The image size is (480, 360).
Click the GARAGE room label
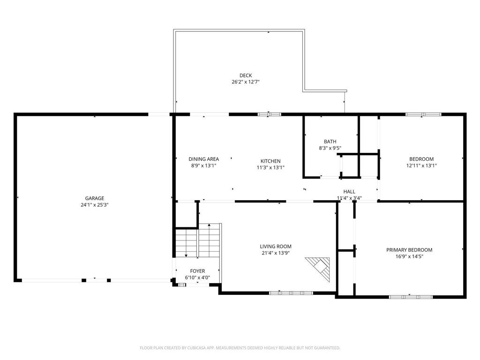pyautogui.click(x=94, y=198)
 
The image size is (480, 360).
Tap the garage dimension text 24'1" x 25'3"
pyautogui.click(x=94, y=205)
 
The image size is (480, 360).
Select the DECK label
pyautogui.click(x=246, y=75)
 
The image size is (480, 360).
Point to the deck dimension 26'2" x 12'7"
pyautogui.click(x=246, y=82)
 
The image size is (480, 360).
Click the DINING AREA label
pyautogui.click(x=203, y=159)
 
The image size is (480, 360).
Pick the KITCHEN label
pyautogui.click(x=270, y=161)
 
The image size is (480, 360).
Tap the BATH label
pyautogui.click(x=330, y=142)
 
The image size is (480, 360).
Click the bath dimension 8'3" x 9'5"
pyautogui.click(x=330, y=148)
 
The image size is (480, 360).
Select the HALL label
pyautogui.click(x=349, y=192)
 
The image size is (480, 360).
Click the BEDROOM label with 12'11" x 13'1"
pyautogui.click(x=421, y=159)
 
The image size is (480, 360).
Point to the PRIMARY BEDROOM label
pyautogui.click(x=409, y=250)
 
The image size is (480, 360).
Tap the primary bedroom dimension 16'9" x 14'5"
pyautogui.click(x=409, y=257)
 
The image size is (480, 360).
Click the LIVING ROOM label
pyautogui.click(x=276, y=247)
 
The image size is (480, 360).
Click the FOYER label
pyautogui.click(x=197, y=271)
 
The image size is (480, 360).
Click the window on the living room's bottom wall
pyautogui.click(x=291, y=293)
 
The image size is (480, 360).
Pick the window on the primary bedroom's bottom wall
pyautogui.click(x=411, y=296)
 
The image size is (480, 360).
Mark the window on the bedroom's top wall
pyautogui.click(x=423, y=114)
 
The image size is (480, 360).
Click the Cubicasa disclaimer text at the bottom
pyautogui.click(x=240, y=348)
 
